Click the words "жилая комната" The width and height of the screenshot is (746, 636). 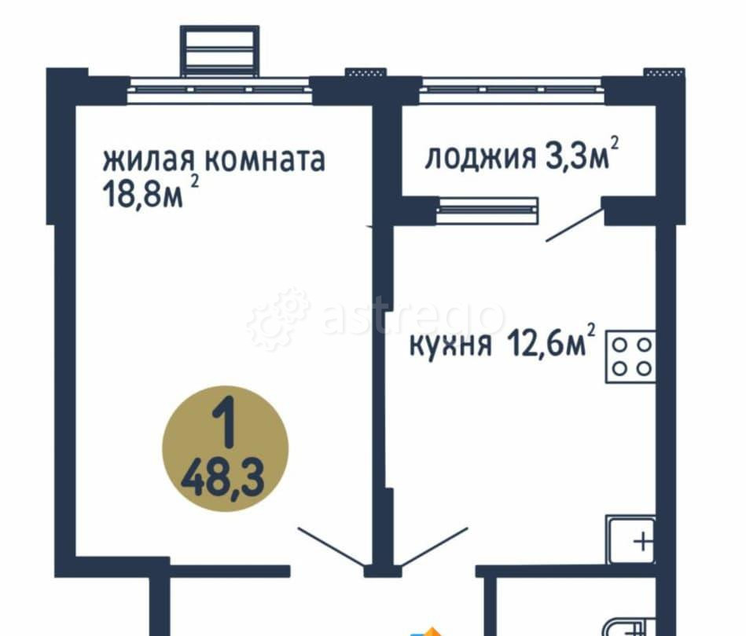pos(213,160)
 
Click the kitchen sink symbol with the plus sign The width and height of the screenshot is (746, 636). pos(631,540)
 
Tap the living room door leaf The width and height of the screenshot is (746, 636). pos(331,546)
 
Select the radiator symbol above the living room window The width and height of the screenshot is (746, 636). pos(219,50)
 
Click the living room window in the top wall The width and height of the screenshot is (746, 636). pos(219,90)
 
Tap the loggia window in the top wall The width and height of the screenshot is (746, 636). pos(511,89)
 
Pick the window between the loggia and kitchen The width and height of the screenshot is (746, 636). pos(487,209)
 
